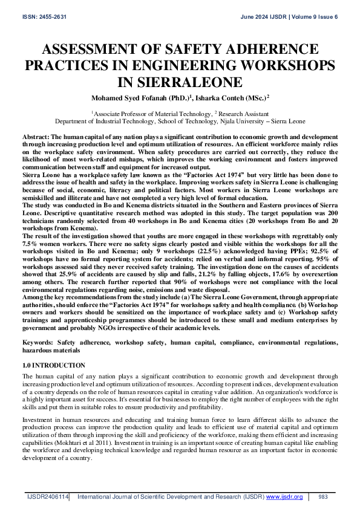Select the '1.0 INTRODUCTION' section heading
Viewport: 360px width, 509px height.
click(54, 366)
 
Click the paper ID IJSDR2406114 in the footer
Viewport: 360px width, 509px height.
click(47, 496)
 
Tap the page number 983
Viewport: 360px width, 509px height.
click(322, 496)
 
